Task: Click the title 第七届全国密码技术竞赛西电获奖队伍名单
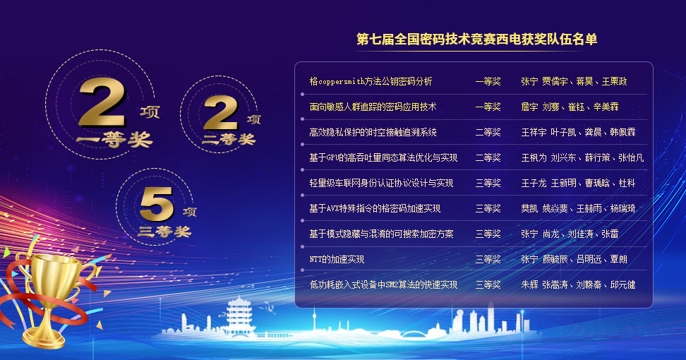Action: point(476,40)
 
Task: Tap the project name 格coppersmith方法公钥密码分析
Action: point(371,81)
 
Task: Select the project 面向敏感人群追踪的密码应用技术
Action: point(373,107)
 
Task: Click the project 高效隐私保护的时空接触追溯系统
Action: point(373,132)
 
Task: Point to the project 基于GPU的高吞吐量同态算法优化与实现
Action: point(383,157)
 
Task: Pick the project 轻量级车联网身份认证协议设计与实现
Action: point(381,183)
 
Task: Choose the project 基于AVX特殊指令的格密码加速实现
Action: point(375,208)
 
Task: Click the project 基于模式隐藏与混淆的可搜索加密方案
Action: point(381,234)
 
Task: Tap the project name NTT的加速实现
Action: point(337,259)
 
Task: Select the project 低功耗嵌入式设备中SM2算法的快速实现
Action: point(383,284)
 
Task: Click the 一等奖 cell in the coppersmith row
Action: point(488,81)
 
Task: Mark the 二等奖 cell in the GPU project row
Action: point(488,157)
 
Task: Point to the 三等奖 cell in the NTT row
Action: point(488,259)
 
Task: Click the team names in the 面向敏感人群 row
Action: point(570,107)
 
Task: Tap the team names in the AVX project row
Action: point(578,208)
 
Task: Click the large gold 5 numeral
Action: point(157,204)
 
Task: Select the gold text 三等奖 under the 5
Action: point(164,231)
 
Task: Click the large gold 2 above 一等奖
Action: point(102,102)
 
